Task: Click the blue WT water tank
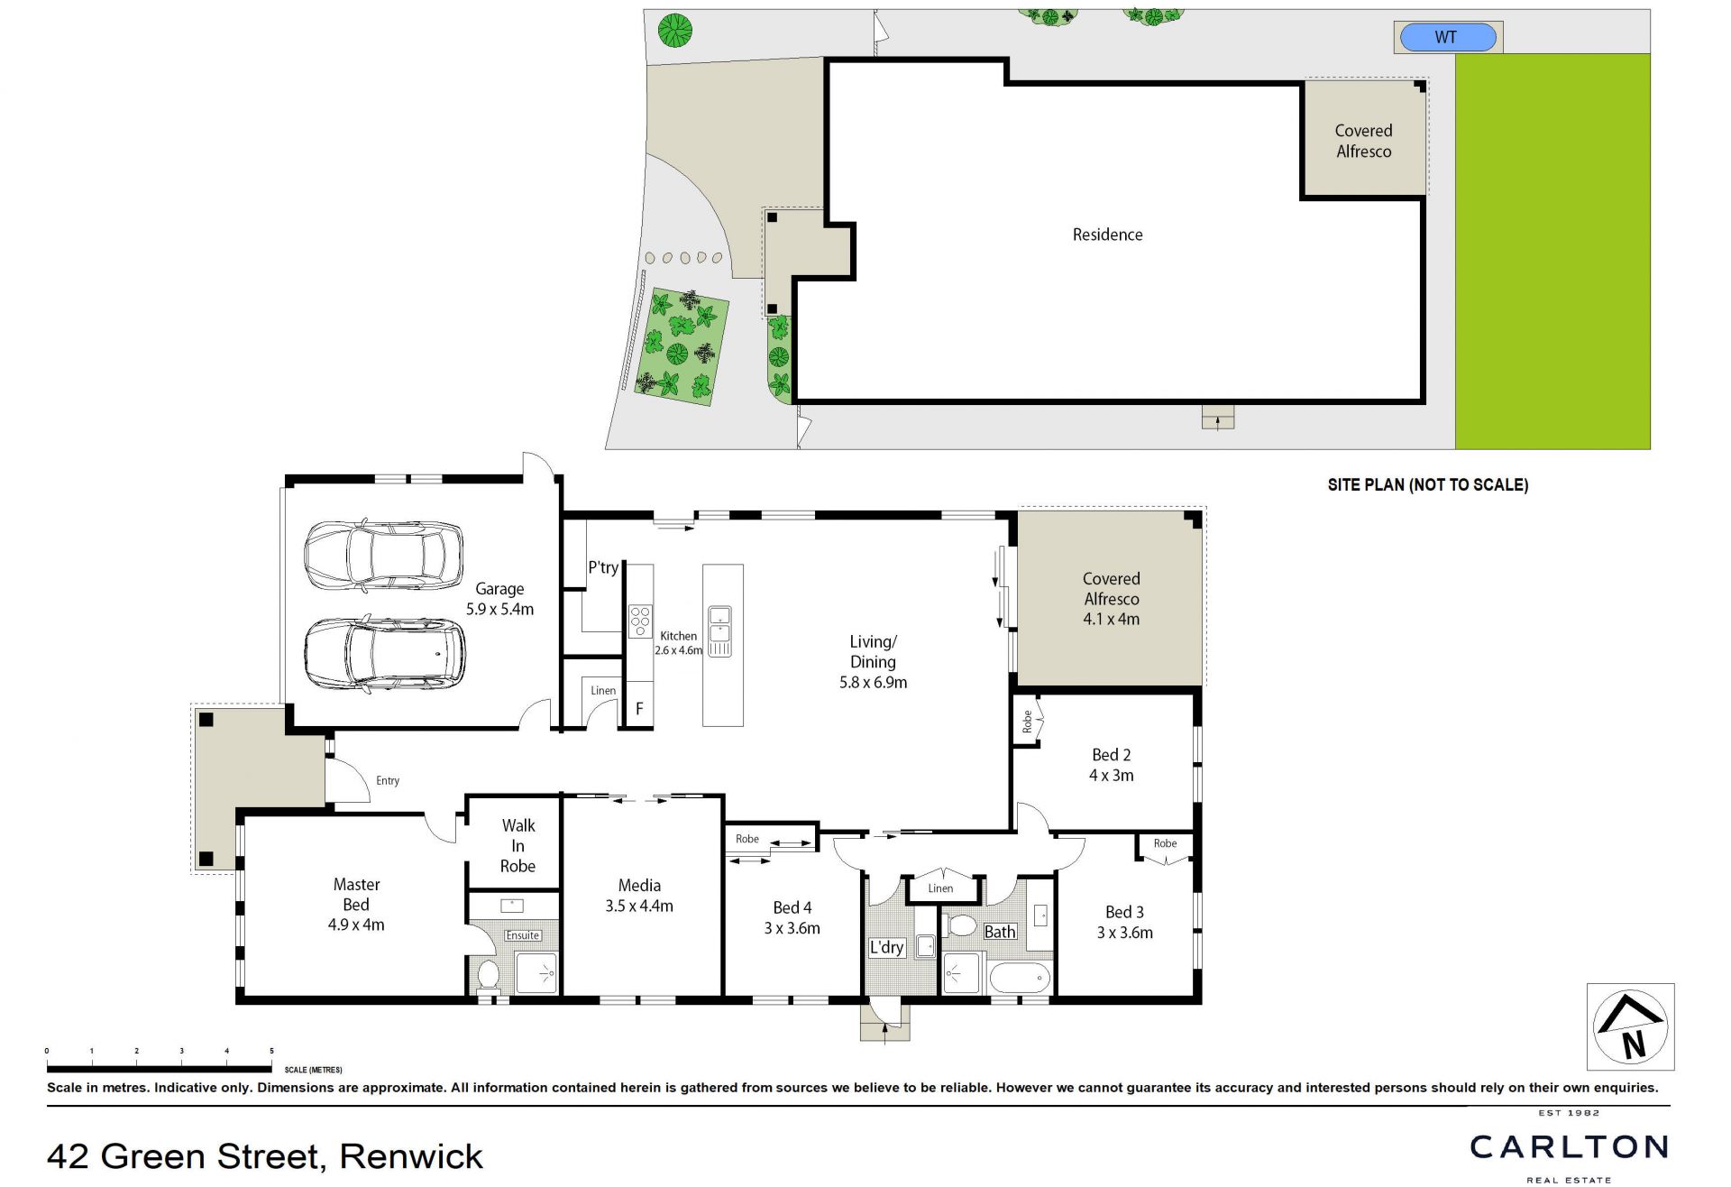click(x=1447, y=38)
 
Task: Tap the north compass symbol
click(x=1630, y=1026)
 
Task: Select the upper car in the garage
click(x=383, y=556)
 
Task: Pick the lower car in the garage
click(x=385, y=654)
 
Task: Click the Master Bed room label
click(x=356, y=905)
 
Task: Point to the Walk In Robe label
click(x=518, y=845)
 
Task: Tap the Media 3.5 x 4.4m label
click(x=639, y=896)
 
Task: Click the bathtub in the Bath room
click(x=1020, y=978)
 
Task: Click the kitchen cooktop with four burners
click(x=640, y=622)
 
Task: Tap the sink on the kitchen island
click(x=719, y=630)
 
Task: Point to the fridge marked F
click(x=639, y=709)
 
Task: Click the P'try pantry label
click(x=603, y=567)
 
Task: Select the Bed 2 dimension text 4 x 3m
click(x=1112, y=775)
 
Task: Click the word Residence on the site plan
click(x=1107, y=235)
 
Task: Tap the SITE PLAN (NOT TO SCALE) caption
click(x=1428, y=485)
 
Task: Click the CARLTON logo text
click(x=1570, y=1147)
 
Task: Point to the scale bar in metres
click(x=160, y=1069)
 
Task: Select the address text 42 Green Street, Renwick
click(x=265, y=1156)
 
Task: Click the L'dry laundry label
click(x=886, y=947)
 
